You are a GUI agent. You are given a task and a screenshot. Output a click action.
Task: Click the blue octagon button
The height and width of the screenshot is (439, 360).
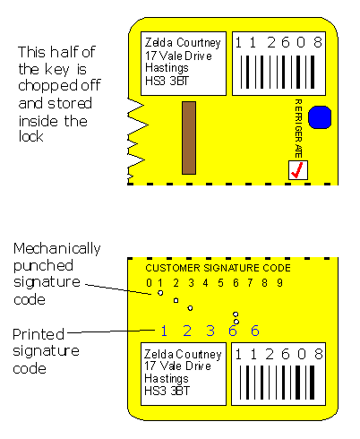tap(320, 117)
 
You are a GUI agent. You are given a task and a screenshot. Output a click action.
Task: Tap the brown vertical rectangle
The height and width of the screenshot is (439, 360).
tap(189, 138)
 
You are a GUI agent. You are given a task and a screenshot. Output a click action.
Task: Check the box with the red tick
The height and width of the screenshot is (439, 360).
tap(298, 170)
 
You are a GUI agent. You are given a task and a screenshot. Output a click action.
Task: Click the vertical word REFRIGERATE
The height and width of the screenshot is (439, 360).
tap(298, 128)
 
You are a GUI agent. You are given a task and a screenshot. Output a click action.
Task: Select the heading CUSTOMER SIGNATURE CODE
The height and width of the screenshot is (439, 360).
tap(218, 268)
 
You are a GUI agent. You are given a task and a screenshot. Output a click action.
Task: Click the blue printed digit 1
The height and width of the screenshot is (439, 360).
tap(164, 331)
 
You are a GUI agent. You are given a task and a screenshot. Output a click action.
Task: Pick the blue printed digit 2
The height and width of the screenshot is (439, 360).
tap(187, 331)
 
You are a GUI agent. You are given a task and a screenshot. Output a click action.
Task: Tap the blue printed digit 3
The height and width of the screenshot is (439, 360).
tap(210, 331)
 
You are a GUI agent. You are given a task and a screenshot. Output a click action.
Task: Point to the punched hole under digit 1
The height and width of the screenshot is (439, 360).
tap(160, 293)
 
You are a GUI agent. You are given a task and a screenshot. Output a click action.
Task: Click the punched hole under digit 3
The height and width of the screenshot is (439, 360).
tap(190, 308)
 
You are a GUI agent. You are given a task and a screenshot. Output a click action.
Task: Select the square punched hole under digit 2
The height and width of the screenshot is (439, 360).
tap(176, 300)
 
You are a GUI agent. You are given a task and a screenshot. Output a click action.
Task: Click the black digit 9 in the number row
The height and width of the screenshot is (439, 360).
tap(279, 282)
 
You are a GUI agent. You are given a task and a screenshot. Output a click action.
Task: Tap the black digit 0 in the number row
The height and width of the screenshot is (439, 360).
tap(149, 282)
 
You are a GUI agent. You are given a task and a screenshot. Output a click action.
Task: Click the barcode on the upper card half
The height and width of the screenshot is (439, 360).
tap(278, 73)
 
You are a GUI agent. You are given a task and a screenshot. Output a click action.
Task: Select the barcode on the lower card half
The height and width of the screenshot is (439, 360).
tap(278, 383)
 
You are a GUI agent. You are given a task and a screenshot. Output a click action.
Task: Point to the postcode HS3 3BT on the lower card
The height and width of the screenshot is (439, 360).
tap(167, 391)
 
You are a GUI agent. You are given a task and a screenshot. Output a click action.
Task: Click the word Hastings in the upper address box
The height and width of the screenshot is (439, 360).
tap(167, 68)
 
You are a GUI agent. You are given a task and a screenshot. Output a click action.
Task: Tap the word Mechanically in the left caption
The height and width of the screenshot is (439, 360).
tap(57, 249)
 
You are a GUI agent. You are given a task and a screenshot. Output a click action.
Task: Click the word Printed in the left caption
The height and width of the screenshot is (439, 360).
tap(39, 334)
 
